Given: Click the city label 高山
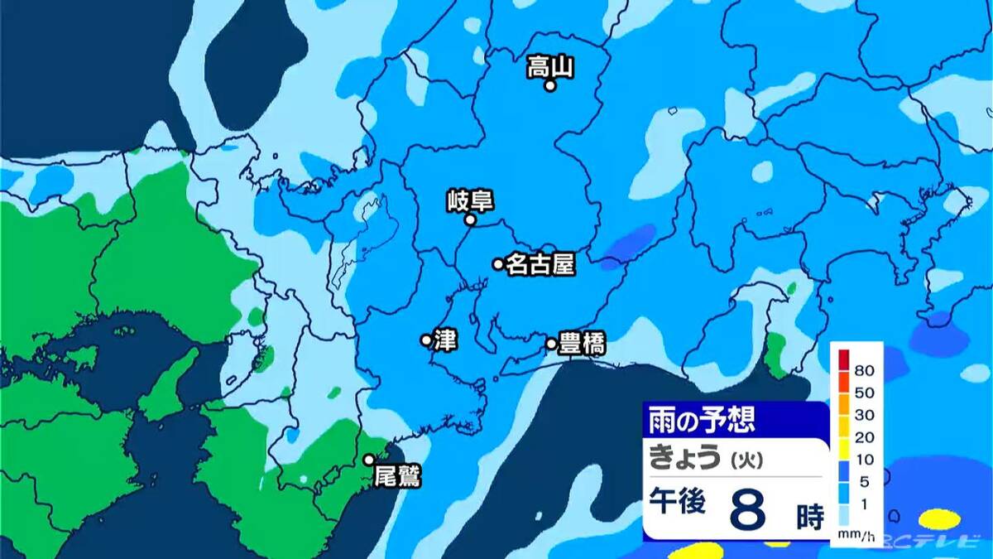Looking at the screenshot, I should (x=550, y=66).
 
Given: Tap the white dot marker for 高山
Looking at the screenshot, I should (x=549, y=84).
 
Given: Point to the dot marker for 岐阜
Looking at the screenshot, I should (x=469, y=220).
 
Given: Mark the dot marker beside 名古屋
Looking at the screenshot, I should (x=498, y=264).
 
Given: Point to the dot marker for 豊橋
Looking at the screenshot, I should (x=551, y=343).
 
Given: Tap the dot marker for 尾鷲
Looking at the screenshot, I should (x=369, y=460).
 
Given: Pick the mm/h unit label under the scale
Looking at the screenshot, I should (x=855, y=537).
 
